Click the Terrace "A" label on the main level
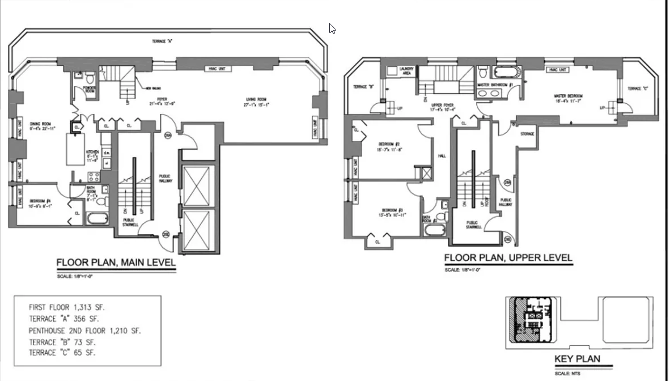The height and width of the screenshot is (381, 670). (162, 41)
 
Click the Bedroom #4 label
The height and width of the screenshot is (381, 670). (41, 202)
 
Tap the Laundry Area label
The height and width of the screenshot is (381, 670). (407, 71)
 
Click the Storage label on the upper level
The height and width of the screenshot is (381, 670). (527, 134)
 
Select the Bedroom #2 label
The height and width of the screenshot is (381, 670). (390, 146)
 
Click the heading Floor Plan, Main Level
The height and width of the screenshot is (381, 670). (116, 263)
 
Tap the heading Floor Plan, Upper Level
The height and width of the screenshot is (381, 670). (508, 258)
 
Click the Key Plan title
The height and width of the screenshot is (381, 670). (576, 359)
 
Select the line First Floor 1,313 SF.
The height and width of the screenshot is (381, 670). (67, 307)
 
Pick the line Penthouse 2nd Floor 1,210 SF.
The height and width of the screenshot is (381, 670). (84, 330)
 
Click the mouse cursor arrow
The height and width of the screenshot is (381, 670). (332, 28)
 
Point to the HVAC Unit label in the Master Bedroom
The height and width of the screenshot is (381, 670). (557, 70)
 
